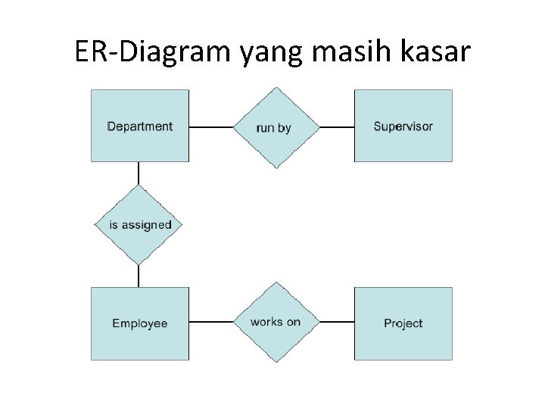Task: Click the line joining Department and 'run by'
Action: [210, 127]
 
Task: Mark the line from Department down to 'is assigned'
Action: [139, 173]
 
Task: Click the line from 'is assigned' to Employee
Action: [139, 276]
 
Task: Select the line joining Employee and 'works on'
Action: [210, 322]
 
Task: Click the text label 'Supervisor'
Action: [403, 126]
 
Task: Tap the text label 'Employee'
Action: [139, 323]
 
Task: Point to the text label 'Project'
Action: [403, 323]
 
